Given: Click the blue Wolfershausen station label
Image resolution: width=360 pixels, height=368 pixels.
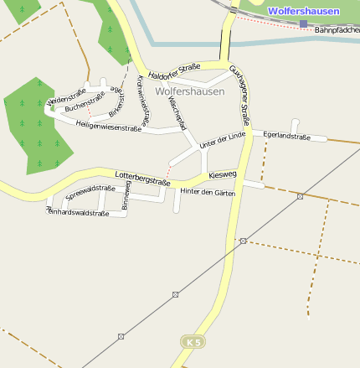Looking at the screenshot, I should click(304, 11).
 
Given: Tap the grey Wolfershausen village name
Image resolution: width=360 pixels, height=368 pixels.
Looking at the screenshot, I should click(190, 91).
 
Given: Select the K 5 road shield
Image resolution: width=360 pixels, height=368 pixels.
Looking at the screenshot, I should click(193, 342).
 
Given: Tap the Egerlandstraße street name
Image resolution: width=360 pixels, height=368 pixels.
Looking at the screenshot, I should click(286, 135).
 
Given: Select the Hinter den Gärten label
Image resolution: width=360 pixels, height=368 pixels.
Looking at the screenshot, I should click(208, 193).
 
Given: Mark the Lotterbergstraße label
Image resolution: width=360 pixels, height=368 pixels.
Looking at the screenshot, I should click(142, 175).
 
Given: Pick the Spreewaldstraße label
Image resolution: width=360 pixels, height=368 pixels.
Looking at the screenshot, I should click(90, 192).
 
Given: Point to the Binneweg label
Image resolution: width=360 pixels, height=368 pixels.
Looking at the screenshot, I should click(126, 195).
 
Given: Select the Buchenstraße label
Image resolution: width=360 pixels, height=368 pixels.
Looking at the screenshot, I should click(85, 107).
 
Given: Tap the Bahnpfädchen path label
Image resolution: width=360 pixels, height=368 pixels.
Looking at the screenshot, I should click(337, 30).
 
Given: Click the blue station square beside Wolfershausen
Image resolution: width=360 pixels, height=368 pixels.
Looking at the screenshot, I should click(303, 23).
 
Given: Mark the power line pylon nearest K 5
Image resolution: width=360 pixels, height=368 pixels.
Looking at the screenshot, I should click(175, 294).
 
